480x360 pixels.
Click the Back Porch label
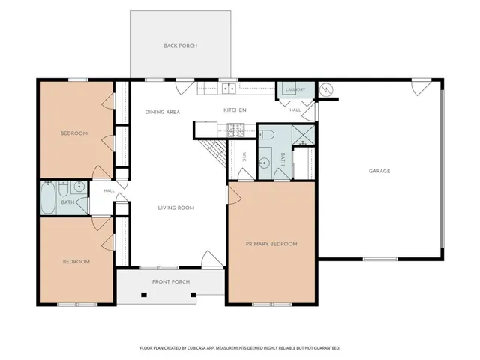tap(180, 46)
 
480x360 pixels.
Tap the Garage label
tap(379, 171)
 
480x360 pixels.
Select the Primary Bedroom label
tap(271, 244)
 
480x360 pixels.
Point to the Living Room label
tap(176, 208)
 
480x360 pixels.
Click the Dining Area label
tap(163, 112)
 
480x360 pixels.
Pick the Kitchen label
tap(235, 110)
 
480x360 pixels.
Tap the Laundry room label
tap(295, 90)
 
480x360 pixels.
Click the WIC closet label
tap(244, 157)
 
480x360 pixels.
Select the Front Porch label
tap(171, 282)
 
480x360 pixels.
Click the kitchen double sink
tap(229, 88)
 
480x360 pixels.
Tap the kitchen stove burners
tap(235, 130)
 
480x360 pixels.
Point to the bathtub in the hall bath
tap(48, 198)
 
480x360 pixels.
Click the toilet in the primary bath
tap(265, 134)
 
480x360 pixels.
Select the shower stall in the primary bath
tap(303, 135)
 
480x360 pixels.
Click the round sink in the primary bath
tap(264, 163)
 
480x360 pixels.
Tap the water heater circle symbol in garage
tap(326, 90)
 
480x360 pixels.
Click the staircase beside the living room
tap(213, 153)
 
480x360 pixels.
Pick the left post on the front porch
tap(144, 295)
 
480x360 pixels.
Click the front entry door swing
tap(211, 259)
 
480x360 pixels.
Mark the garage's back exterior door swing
tap(421, 87)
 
